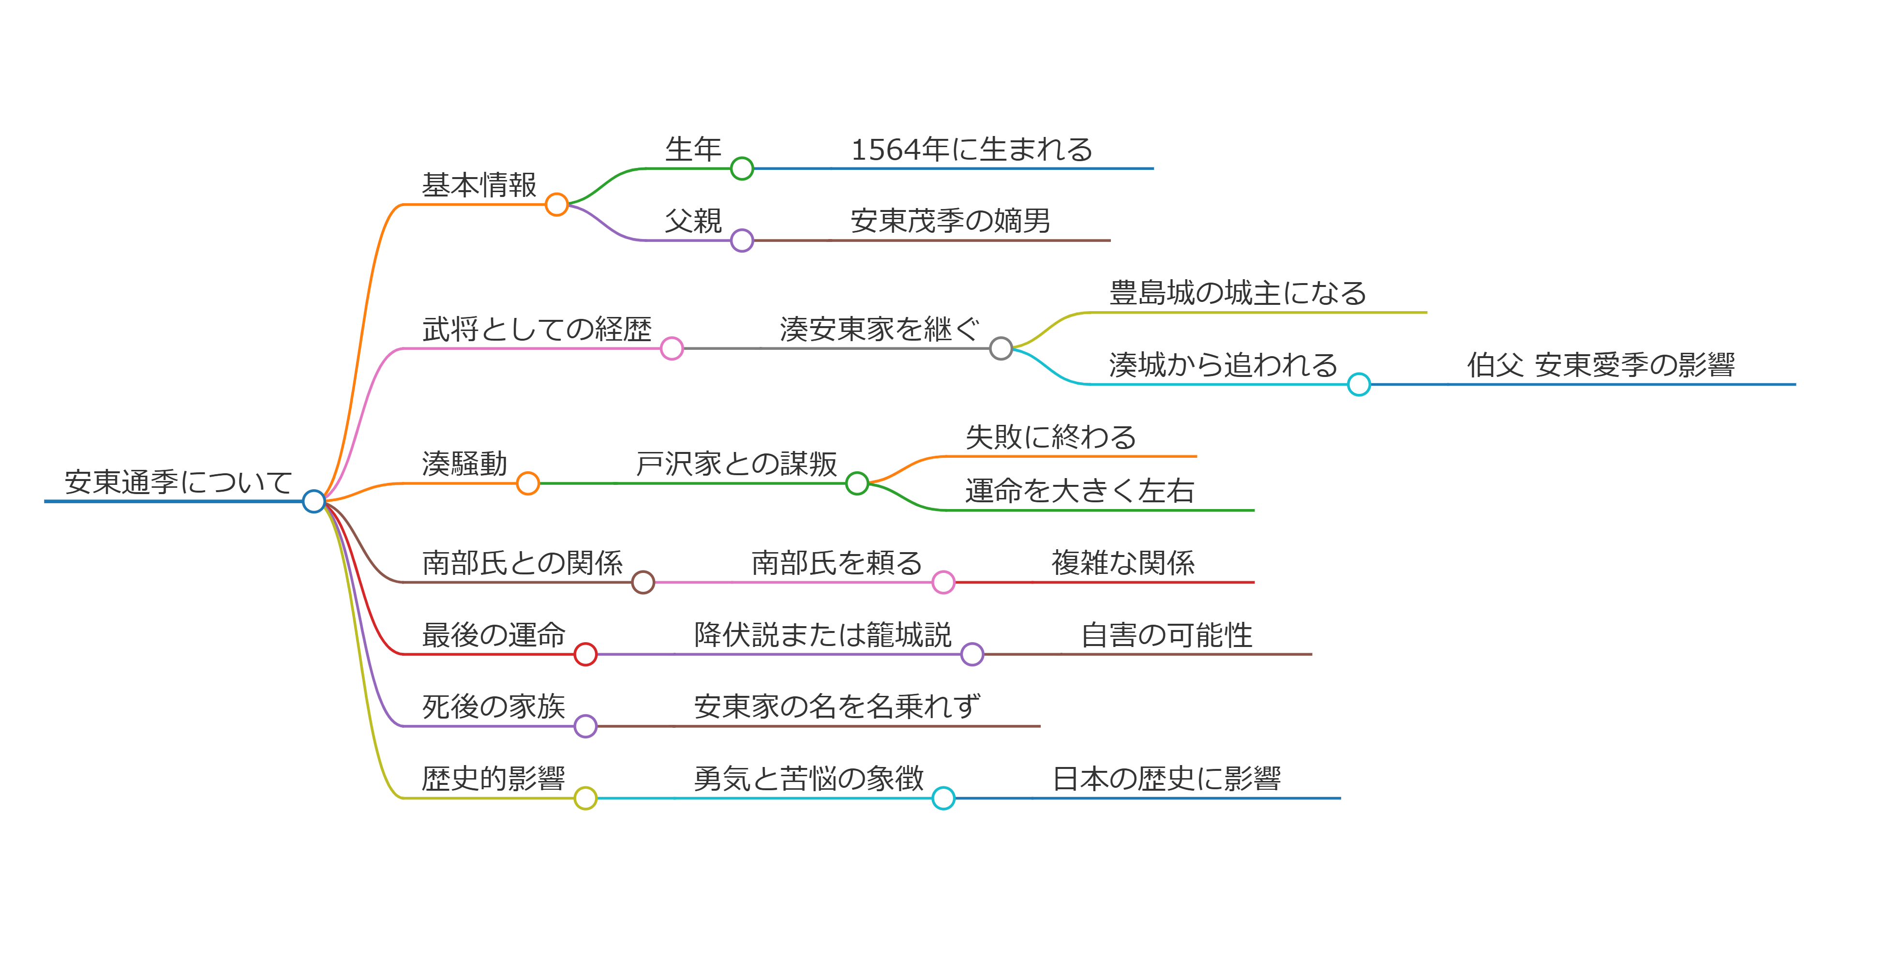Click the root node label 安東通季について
(178, 482)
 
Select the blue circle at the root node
(314, 501)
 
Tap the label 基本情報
(479, 186)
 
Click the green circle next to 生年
(742, 168)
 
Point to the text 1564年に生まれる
(972, 150)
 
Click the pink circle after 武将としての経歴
(672, 348)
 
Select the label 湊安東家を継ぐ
(879, 330)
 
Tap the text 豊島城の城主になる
(1238, 293)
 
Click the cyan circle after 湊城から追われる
(1359, 384)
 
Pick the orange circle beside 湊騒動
(527, 484)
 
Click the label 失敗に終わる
(1051, 437)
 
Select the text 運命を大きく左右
(1079, 491)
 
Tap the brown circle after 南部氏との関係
(643, 583)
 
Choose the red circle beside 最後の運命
(585, 654)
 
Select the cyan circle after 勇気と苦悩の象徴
(943, 798)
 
